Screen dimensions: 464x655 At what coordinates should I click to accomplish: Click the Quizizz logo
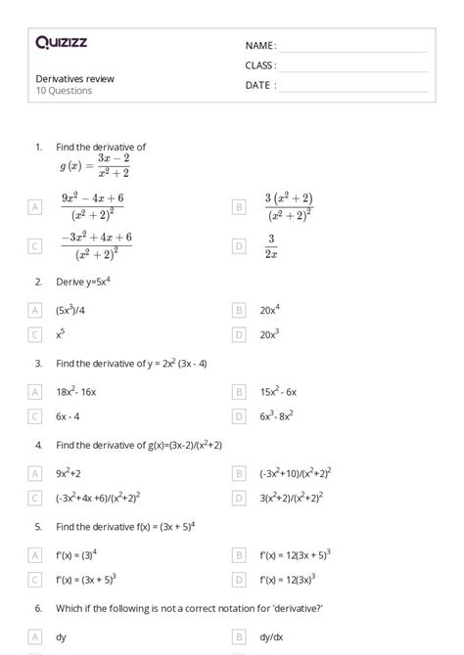pyautogui.click(x=61, y=42)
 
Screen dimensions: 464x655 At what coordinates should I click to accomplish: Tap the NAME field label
pyautogui.click(x=260, y=46)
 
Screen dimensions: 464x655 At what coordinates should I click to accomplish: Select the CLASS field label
pyautogui.click(x=260, y=65)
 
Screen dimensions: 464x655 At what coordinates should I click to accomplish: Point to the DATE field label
pyautogui.click(x=260, y=85)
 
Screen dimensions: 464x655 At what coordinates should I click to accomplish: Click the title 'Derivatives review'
pyautogui.click(x=75, y=78)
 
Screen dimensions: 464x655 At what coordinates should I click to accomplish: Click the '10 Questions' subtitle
pyautogui.click(x=65, y=91)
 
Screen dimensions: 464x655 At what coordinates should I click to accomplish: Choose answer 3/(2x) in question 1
pyautogui.click(x=271, y=246)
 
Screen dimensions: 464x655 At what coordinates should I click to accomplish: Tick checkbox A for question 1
pyautogui.click(x=35, y=206)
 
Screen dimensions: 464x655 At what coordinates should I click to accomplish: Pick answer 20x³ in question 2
pyautogui.click(x=271, y=334)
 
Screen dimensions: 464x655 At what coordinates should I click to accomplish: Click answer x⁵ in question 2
pyautogui.click(x=62, y=334)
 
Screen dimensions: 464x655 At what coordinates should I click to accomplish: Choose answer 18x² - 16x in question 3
pyautogui.click(x=76, y=391)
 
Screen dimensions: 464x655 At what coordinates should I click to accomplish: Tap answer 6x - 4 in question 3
pyautogui.click(x=68, y=416)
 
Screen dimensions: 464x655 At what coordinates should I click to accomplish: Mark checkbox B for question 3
pyautogui.click(x=239, y=391)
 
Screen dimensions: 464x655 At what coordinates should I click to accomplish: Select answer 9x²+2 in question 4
pyautogui.click(x=69, y=473)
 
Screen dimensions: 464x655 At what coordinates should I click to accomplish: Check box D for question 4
pyautogui.click(x=239, y=498)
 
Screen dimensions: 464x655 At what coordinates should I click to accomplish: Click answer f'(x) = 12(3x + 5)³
pyautogui.click(x=295, y=554)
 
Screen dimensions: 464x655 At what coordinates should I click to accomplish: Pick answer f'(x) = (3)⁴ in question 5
pyautogui.click(x=79, y=554)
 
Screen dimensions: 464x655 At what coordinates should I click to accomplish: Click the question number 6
pyautogui.click(x=38, y=608)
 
